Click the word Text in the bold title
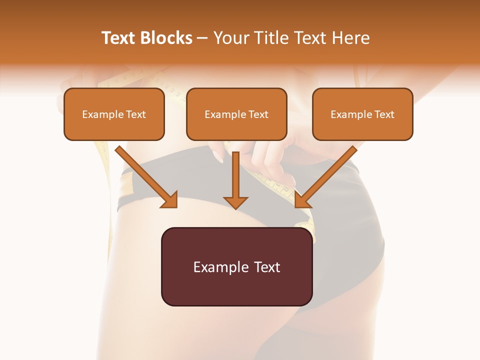(118, 38)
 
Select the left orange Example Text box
(114, 114)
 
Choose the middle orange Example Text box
(236, 114)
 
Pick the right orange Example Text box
(362, 114)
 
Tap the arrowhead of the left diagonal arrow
(170, 200)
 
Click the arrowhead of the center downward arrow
(235, 202)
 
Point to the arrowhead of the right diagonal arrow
(301, 200)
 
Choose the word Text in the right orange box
(384, 114)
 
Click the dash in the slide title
(202, 38)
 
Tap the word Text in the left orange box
(135, 114)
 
